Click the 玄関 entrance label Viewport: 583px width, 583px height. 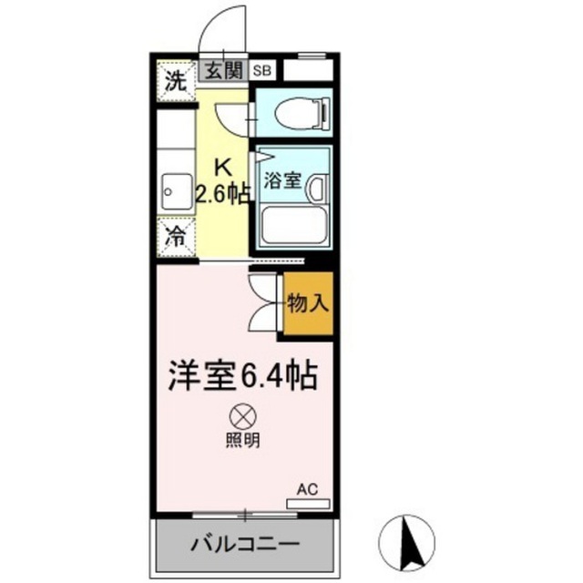point(224,71)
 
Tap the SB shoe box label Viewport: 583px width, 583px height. point(262,71)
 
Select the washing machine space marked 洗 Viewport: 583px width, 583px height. point(176,81)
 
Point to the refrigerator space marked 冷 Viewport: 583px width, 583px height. point(176,237)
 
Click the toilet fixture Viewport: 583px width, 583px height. point(302,113)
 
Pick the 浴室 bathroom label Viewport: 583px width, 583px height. point(282,180)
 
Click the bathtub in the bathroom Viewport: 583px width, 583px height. point(294,225)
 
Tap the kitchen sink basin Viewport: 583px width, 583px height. point(177,192)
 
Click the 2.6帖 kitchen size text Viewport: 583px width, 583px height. point(222,194)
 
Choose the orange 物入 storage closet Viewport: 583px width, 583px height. point(308,303)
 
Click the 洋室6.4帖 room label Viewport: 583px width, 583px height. point(243,375)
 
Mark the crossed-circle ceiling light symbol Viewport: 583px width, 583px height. point(243,416)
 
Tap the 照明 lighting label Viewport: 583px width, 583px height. point(243,441)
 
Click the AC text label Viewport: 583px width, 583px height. point(307,489)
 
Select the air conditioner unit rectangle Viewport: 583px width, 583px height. point(308,504)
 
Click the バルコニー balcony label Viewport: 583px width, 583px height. point(245,545)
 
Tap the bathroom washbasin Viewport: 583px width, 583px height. point(317,189)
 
